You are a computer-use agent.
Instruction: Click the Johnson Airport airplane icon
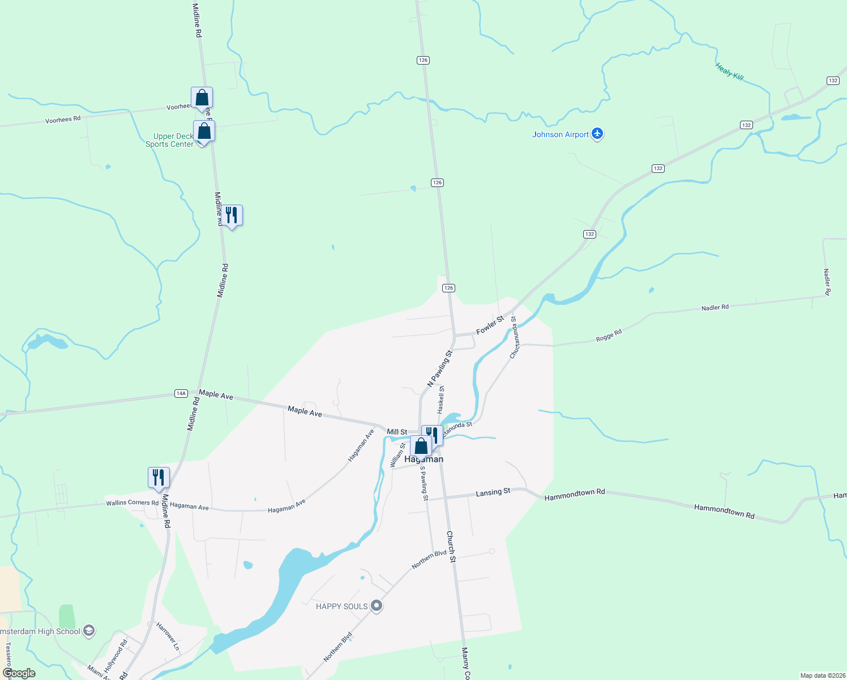[597, 134]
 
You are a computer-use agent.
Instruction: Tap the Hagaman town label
[424, 460]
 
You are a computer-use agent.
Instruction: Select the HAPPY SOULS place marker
[377, 606]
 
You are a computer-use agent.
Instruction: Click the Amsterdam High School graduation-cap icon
[89, 631]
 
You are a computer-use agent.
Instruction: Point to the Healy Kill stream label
[729, 72]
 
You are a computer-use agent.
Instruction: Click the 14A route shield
[181, 393]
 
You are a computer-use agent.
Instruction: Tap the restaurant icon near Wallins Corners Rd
[159, 477]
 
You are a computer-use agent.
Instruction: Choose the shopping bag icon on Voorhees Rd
[202, 98]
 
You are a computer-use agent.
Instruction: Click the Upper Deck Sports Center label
[169, 140]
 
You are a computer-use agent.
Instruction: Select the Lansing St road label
[493, 492]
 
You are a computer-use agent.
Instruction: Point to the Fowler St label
[490, 325]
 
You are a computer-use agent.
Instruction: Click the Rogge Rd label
[609, 335]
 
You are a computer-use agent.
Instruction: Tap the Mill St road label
[397, 432]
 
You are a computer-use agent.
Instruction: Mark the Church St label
[451, 546]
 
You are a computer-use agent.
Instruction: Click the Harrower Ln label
[168, 636]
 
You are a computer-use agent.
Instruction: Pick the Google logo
[19, 673]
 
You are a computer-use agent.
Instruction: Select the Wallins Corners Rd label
[132, 503]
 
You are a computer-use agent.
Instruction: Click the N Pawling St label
[440, 368]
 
